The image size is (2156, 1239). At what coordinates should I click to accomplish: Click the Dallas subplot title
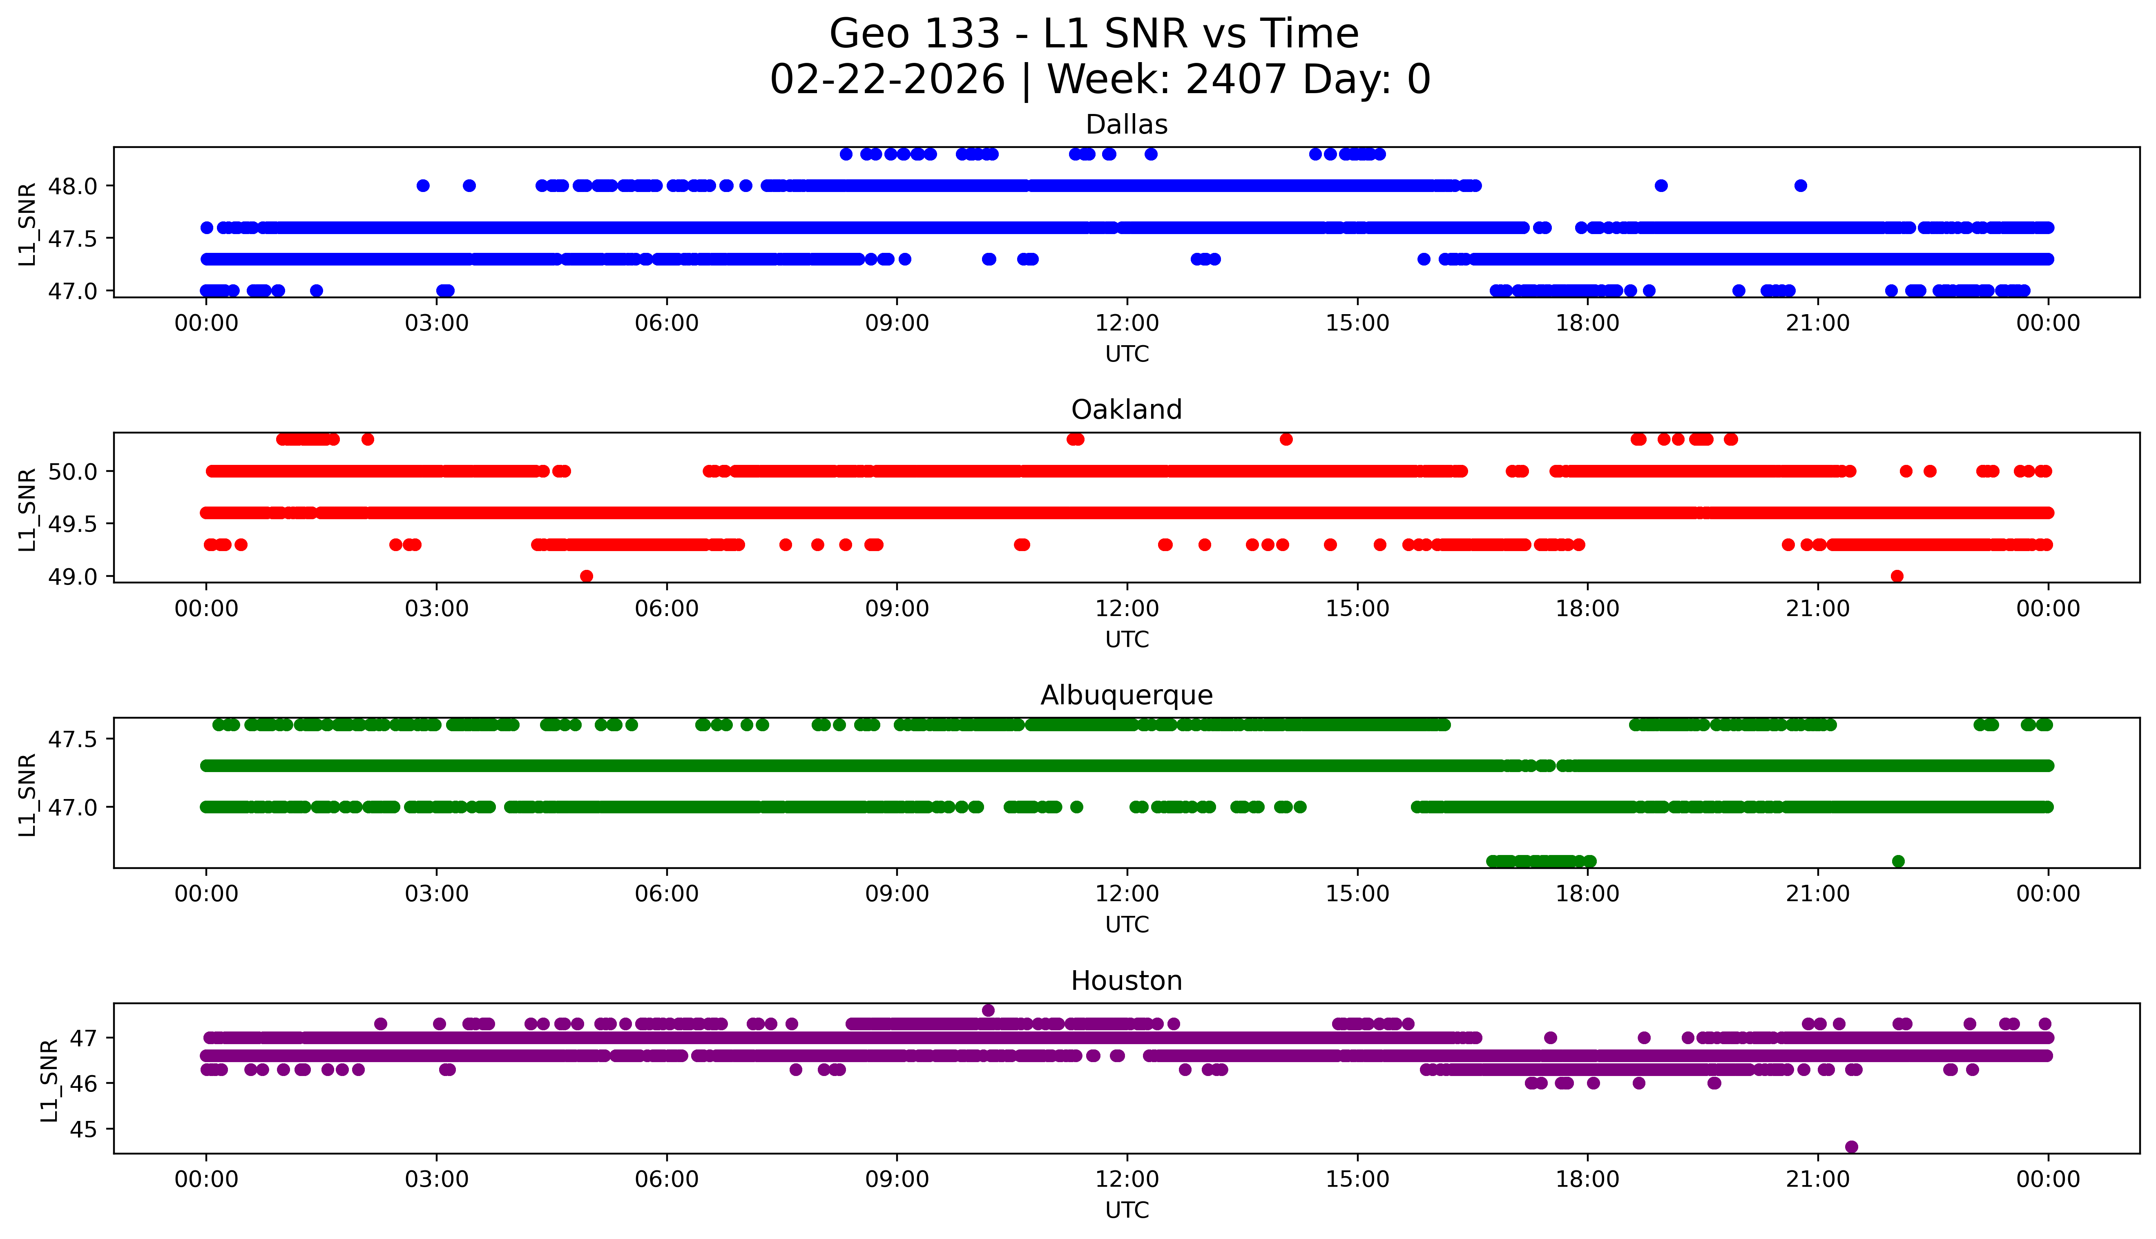(1127, 125)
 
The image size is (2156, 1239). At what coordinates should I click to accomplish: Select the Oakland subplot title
(1127, 410)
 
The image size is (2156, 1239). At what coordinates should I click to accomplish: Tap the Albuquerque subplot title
(1127, 695)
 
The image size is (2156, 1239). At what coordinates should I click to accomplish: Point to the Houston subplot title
(1127, 981)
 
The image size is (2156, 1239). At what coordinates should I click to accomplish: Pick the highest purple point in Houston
(988, 1010)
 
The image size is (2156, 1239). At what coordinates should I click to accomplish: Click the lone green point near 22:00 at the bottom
(1898, 861)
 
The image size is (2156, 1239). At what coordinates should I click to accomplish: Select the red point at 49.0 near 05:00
(586, 576)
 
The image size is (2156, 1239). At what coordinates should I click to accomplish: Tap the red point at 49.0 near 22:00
(1897, 576)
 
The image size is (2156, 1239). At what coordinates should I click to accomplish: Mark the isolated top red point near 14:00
(1286, 439)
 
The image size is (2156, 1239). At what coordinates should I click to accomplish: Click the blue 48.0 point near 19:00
(1661, 185)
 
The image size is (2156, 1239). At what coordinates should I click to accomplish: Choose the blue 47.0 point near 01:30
(317, 290)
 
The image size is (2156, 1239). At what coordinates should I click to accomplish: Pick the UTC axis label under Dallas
(1127, 354)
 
